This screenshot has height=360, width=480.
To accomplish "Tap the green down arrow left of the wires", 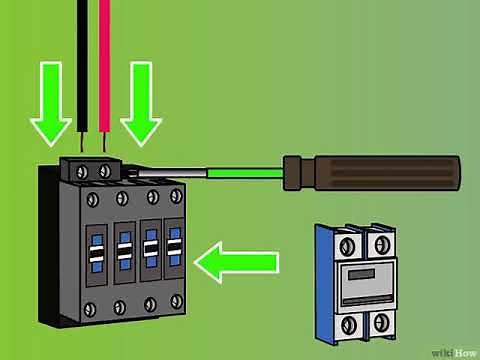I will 49,118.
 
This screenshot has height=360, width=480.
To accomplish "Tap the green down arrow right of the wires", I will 140,118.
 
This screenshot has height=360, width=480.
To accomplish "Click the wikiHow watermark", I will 454,351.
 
